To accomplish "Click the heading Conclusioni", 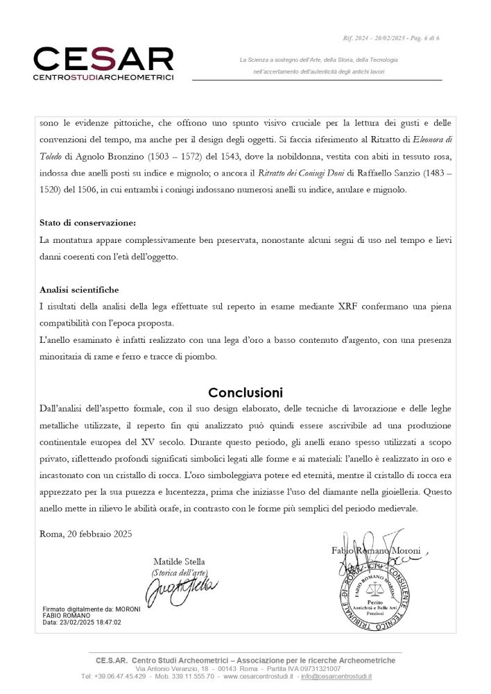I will coord(245,392).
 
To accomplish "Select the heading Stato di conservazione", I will coord(87,223).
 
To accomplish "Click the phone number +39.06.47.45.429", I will coord(119,676).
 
